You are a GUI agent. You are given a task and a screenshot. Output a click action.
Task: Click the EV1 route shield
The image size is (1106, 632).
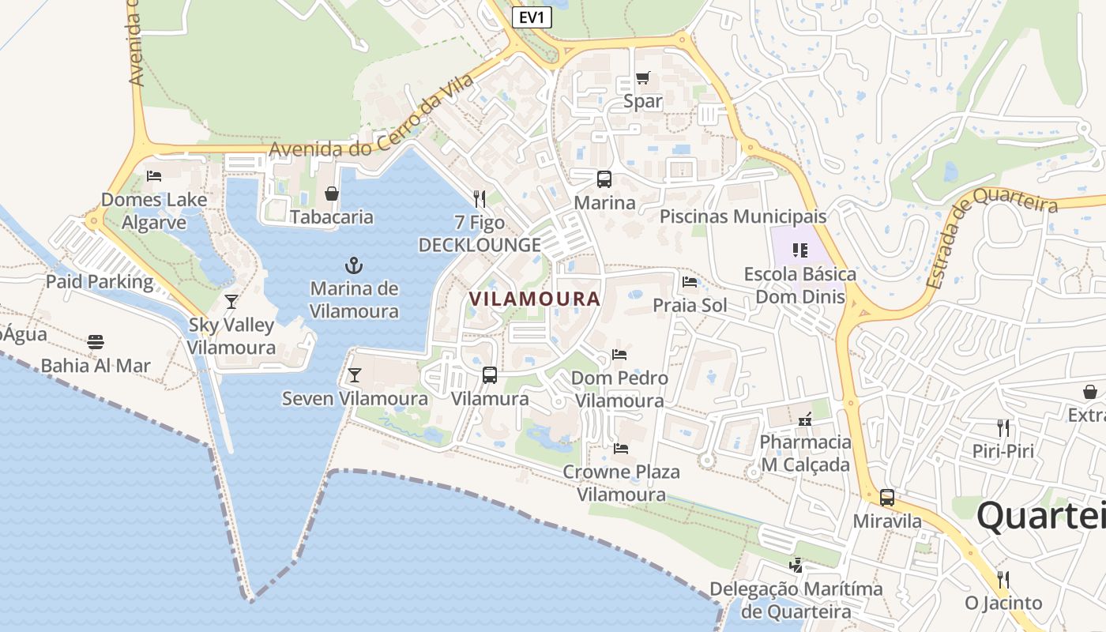tap(531, 17)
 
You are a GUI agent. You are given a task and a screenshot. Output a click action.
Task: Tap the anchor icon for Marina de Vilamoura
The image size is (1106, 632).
tap(354, 265)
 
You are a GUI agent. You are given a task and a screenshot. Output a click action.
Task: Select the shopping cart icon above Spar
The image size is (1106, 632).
tap(642, 78)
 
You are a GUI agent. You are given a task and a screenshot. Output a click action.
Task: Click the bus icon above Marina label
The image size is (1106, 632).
tap(604, 179)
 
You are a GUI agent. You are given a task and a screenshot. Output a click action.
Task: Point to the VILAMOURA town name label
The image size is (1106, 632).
tap(535, 299)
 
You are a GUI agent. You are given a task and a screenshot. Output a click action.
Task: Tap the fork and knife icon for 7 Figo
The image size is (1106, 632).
tap(480, 198)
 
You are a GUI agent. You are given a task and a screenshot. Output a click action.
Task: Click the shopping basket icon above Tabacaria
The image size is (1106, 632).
tap(332, 194)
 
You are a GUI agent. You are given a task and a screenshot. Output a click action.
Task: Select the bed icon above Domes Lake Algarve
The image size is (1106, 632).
tap(154, 175)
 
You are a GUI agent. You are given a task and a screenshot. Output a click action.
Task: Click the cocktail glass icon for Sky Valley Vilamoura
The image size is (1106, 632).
tap(231, 301)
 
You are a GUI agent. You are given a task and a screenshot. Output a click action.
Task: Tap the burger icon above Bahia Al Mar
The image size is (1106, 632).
tap(96, 342)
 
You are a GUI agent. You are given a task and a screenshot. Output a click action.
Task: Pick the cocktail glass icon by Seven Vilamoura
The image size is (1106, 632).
tap(355, 374)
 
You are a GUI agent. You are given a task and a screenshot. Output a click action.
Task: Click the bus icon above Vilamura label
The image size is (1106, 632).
tap(490, 375)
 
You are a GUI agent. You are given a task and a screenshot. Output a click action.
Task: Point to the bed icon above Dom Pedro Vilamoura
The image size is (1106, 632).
tap(619, 355)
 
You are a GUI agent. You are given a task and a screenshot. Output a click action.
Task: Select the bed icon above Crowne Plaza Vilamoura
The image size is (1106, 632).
tap(621, 449)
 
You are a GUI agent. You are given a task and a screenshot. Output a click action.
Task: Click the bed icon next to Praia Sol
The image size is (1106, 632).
tap(690, 281)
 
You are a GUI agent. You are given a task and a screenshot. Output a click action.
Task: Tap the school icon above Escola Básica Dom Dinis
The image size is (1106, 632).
tap(800, 250)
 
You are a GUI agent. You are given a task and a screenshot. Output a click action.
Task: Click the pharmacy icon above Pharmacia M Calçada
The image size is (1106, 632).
tap(805, 419)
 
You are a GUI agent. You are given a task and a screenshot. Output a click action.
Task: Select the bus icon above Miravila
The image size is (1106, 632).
tap(887, 498)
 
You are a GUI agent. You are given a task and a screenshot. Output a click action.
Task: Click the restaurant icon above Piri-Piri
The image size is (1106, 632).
tap(1003, 428)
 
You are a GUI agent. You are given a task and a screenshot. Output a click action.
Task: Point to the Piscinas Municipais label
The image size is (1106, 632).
tap(743, 216)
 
